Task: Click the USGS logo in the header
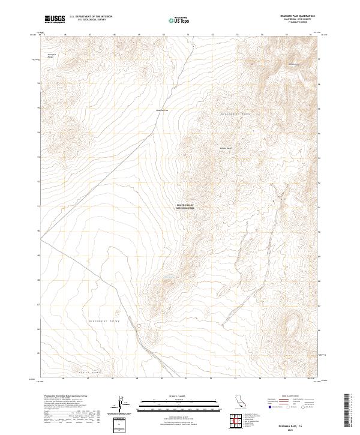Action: pyautogui.click(x=55, y=20)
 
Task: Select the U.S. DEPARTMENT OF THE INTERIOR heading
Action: pyautogui.click(x=91, y=17)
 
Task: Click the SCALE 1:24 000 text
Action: pyautogui.click(x=179, y=395)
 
